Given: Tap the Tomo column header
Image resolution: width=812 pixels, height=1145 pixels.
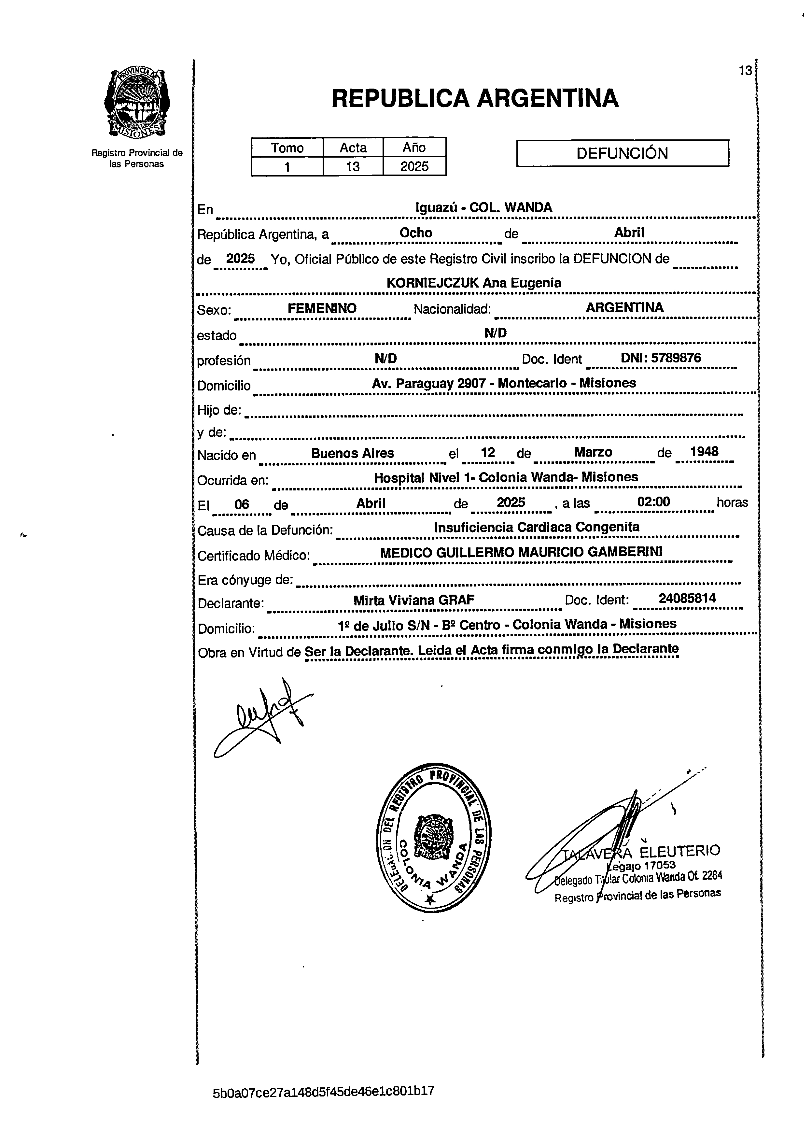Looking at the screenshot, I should pos(287,148).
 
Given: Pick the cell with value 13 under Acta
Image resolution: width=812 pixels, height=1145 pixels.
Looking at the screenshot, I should pos(353,166).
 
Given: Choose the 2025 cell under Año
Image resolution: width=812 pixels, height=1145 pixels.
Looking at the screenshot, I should pos(414,166).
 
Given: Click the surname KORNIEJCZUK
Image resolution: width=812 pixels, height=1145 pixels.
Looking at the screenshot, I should pos(433,283).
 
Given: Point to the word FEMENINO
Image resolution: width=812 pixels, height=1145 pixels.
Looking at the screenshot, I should pos(322,308).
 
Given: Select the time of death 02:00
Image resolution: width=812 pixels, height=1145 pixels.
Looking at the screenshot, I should pos(653,502).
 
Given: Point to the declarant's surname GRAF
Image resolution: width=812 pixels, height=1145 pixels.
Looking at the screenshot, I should pos(456,600).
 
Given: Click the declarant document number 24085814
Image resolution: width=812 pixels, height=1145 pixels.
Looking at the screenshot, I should pos(687,599).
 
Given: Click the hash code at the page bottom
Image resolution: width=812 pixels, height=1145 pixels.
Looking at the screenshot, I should pos(324,1091).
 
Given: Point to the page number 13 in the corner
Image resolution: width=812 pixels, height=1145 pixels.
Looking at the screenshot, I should pos(745,71).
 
